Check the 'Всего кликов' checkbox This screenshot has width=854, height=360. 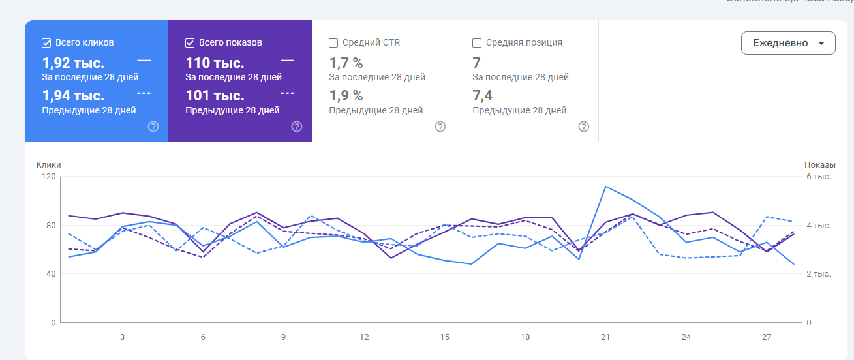coord(46,43)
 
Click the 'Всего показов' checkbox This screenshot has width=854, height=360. coord(190,43)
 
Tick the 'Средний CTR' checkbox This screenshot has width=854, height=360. coord(333,43)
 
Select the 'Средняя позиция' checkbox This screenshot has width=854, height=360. coord(477,43)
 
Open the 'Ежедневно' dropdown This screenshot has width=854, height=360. coord(787,43)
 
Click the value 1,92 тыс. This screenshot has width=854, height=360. coord(73,63)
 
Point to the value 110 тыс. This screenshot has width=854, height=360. coord(215,63)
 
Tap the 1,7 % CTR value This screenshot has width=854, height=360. coord(346,63)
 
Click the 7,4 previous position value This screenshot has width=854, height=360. coord(482,96)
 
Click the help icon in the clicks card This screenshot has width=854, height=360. coord(153,127)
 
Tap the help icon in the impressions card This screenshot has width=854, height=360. coord(297,127)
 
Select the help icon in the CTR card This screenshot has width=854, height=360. coord(440,127)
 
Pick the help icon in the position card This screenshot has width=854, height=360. coord(584,127)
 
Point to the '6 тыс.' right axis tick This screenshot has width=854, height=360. coord(818,177)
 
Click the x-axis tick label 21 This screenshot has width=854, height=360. coord(605,337)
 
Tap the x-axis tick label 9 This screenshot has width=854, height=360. coord(284,337)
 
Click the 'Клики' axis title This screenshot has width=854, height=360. coord(48,165)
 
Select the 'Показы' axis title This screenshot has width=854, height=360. coord(819,165)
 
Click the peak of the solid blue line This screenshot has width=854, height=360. coord(606,187)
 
